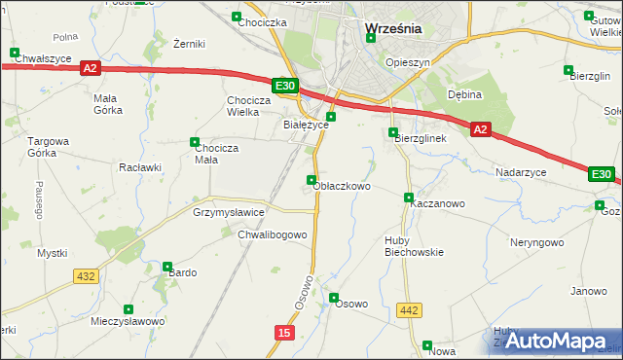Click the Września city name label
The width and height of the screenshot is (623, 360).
[393, 29]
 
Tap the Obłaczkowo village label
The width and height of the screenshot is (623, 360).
[342, 186]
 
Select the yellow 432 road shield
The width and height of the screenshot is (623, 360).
[85, 276]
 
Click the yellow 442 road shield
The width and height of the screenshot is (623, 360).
[409, 310]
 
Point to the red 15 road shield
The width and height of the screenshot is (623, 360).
[282, 333]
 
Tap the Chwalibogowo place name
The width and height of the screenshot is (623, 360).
[273, 234]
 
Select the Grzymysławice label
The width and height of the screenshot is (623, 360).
[229, 211]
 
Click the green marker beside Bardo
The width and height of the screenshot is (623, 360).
[167, 266]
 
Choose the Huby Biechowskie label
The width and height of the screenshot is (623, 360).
[414, 245]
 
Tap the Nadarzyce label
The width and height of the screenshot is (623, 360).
[521, 171]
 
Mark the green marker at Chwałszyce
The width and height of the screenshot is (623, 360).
[14, 53]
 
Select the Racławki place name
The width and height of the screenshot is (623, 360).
[139, 166]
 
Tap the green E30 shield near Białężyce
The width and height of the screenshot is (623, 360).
[284, 87]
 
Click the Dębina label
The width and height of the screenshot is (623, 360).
[465, 94]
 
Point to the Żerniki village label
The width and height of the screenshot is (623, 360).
[188, 44]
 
